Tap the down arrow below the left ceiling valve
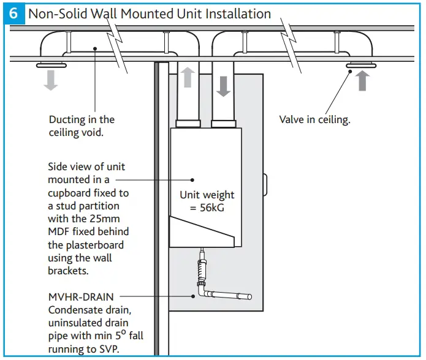[51, 79]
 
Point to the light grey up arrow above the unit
[188, 78]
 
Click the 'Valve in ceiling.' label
[314, 120]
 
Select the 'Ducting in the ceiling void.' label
[82, 126]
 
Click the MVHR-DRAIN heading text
[81, 296]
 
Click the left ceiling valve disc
[51, 65]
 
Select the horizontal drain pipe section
[230, 296]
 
